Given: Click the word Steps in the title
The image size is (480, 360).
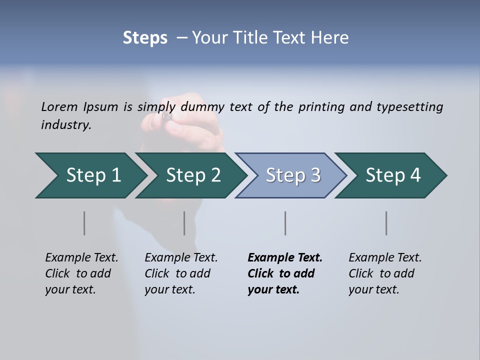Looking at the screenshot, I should tap(145, 38).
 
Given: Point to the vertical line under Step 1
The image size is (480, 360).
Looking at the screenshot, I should tap(84, 223).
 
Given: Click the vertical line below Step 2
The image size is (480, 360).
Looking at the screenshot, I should tap(184, 223).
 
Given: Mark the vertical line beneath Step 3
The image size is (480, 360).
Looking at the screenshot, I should tap(285, 223).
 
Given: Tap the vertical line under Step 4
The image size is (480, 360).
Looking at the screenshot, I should tap(386, 223).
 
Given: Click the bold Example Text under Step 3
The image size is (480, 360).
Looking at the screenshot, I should tap(285, 273).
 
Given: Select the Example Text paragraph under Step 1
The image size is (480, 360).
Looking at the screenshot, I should tap(81, 273).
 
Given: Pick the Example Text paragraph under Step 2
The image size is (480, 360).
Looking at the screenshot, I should tap(181, 273).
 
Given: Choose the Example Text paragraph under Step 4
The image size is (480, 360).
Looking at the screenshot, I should tap(385, 273).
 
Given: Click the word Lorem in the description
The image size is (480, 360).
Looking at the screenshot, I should tap(59, 106).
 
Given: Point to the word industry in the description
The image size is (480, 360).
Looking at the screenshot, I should tap(66, 125).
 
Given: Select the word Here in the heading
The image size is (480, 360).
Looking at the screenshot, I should tap(332, 38).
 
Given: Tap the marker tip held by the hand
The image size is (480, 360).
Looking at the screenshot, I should tap(165, 116).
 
